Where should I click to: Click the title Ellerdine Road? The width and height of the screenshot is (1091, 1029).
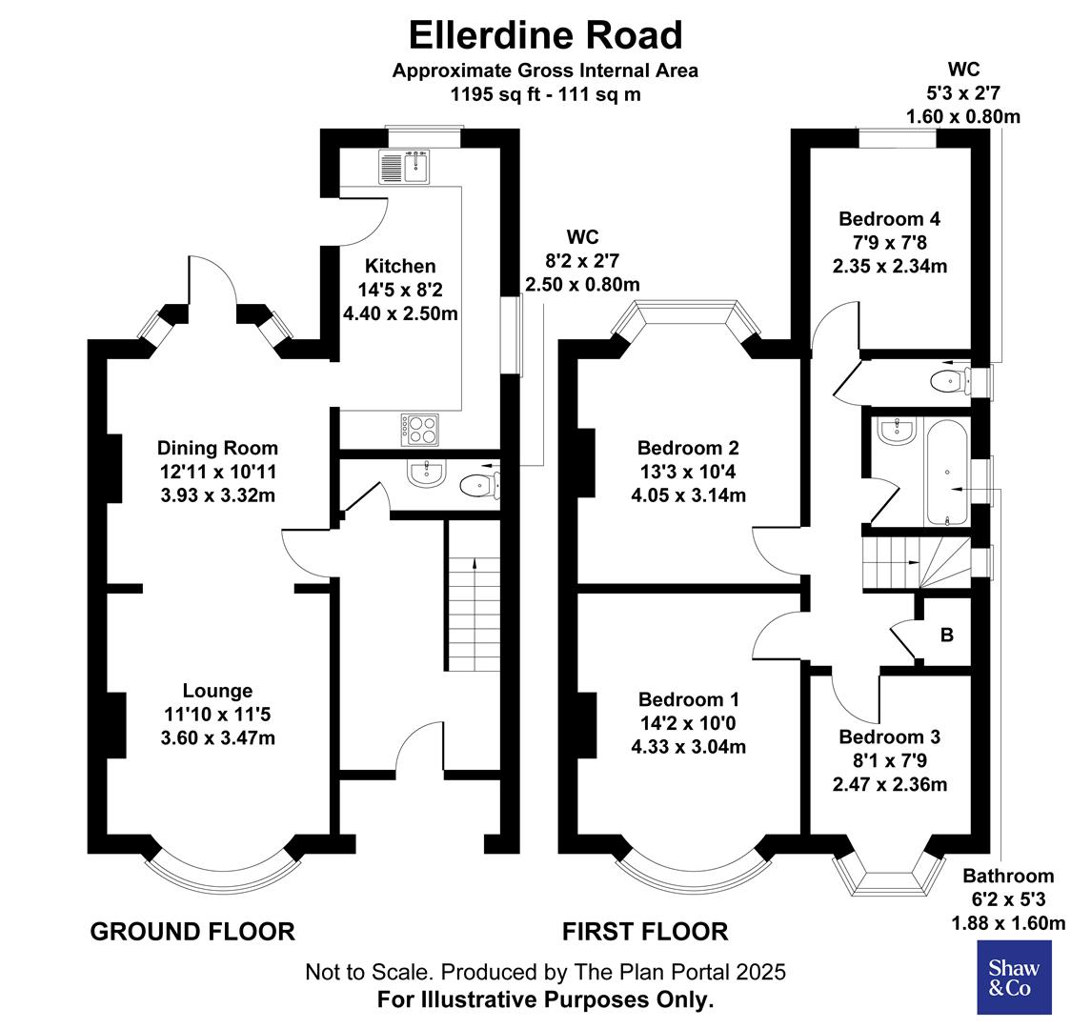point(545,34)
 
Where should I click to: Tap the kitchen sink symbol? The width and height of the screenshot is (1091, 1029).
point(405,167)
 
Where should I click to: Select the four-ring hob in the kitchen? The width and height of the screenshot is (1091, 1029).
point(421,429)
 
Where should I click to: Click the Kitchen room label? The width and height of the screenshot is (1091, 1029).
point(400,267)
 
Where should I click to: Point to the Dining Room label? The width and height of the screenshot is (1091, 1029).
point(218,448)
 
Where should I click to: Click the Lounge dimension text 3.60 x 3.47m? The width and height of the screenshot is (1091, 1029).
point(218,737)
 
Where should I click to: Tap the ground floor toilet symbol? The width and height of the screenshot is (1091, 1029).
point(476,486)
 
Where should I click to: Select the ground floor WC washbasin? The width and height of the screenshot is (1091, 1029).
point(426,474)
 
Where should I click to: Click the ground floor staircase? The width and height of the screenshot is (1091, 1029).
point(473,610)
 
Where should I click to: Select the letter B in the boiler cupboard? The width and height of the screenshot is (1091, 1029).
point(946,635)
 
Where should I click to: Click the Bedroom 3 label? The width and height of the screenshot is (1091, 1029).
point(889,736)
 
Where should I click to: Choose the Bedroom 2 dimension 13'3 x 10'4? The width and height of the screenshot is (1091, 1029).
point(689,472)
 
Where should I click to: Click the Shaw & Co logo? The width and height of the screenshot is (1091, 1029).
point(1015,978)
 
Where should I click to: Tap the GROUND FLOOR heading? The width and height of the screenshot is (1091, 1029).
point(192,931)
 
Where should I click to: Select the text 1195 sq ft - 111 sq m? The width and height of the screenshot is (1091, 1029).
point(545,94)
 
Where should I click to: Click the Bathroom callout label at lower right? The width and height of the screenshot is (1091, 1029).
point(1008,876)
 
